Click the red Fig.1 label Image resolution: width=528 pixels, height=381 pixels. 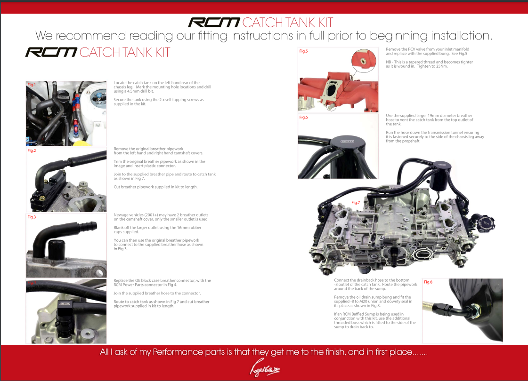[32, 85]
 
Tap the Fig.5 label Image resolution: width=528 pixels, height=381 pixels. [303, 51]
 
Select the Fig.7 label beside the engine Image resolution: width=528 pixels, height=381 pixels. [355, 202]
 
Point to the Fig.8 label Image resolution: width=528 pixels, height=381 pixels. [428, 282]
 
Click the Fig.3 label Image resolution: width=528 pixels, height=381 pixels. [32, 217]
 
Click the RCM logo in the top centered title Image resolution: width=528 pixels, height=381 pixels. [214, 23]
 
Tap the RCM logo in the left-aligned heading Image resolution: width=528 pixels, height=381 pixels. [51, 52]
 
